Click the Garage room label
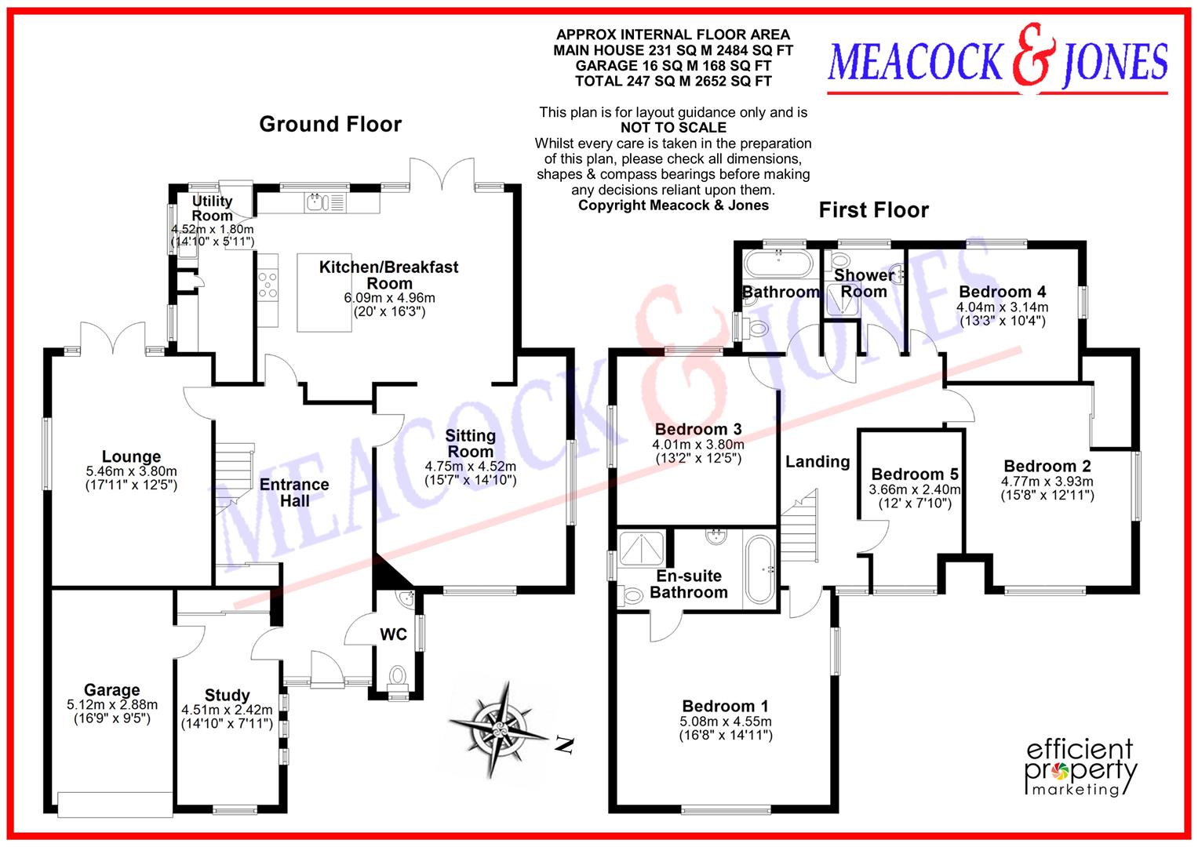point(112,690)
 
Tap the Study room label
point(227,695)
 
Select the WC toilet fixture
point(398,678)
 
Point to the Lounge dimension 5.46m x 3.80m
point(131,471)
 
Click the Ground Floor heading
point(330,124)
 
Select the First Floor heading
point(873,210)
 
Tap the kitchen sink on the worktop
point(315,203)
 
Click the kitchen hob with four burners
point(268,284)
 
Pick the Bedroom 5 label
point(914,474)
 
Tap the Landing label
point(817,462)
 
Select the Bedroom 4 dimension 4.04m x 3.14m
point(1002,307)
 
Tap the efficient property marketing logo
point(1081,766)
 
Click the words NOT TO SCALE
point(673,128)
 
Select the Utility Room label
point(212,209)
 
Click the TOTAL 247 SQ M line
point(672,81)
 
